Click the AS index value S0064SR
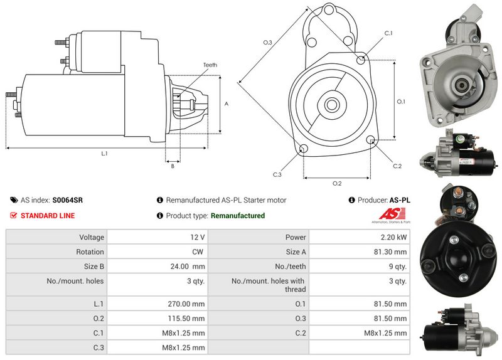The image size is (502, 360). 67,200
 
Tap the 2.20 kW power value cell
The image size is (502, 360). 393,237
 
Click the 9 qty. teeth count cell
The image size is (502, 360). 395,266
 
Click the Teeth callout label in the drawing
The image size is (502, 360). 210,65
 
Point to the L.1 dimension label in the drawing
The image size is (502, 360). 104,153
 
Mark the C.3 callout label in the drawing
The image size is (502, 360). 277,174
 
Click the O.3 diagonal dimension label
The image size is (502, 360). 267,43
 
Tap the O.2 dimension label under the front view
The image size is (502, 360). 336,183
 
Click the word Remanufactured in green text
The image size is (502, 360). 238,216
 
